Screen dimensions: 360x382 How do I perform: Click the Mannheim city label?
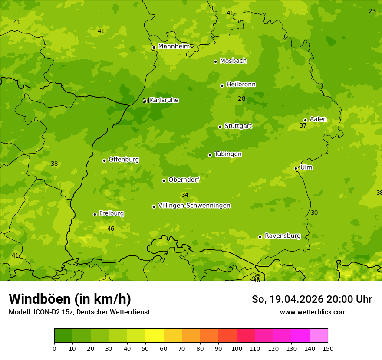174,46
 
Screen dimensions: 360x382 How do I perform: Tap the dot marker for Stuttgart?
220,127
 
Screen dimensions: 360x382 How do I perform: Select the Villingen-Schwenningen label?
194,206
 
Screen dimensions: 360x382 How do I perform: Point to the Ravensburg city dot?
260,237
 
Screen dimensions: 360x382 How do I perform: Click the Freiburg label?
111,213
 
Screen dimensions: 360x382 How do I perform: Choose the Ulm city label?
306,167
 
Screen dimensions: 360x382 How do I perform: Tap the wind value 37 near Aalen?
303,126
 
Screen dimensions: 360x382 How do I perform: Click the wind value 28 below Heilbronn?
242,99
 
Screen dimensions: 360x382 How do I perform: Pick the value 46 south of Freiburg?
111,229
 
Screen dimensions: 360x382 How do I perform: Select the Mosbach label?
233,61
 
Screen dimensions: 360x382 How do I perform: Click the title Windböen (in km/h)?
70,299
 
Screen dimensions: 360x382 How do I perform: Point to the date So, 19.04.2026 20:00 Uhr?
312,299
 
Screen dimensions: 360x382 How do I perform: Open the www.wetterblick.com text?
313,312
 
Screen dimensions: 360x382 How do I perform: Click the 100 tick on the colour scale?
237,348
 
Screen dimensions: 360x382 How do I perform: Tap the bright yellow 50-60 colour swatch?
155,336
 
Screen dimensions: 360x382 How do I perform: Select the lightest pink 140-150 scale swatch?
319,336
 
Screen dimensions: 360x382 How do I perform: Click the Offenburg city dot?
104,160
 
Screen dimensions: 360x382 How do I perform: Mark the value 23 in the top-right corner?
372,11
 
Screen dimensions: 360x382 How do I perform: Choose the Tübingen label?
227,154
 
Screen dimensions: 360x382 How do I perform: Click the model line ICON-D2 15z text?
79,312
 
